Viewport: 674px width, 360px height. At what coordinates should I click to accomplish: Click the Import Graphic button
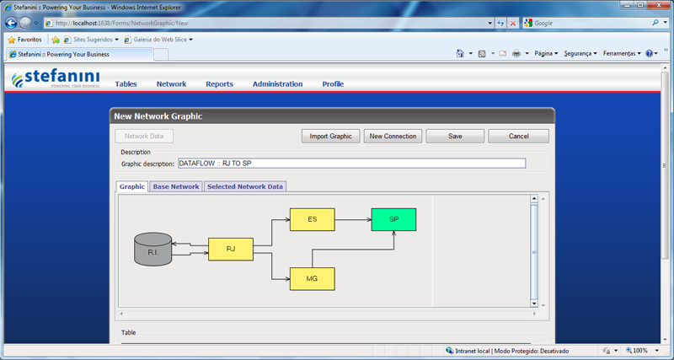[x=330, y=137]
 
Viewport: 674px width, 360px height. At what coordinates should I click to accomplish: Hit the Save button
[x=455, y=137]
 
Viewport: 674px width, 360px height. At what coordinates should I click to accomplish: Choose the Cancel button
[x=518, y=137]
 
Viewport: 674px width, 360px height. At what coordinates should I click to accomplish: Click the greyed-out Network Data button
[x=144, y=137]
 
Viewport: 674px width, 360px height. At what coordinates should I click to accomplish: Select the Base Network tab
[x=176, y=186]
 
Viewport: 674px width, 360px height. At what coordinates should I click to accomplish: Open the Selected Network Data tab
[x=245, y=186]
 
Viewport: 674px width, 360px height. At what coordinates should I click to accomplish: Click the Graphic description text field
[x=351, y=164]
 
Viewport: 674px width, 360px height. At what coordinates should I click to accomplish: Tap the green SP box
[x=393, y=219]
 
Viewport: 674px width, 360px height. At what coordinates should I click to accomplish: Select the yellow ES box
[x=312, y=219]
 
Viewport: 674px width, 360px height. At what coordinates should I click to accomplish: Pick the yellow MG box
[x=312, y=279]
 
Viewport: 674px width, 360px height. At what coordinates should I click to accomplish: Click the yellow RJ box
[x=231, y=249]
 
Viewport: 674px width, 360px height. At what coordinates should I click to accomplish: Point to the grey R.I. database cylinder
[x=153, y=249]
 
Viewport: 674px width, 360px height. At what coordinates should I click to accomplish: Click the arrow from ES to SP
[x=353, y=219]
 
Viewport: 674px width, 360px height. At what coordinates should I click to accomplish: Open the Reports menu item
[x=219, y=84]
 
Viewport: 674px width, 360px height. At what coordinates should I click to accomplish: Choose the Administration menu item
[x=278, y=84]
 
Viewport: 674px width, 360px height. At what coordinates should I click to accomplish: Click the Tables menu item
[x=126, y=84]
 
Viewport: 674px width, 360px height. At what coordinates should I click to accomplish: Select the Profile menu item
[x=333, y=84]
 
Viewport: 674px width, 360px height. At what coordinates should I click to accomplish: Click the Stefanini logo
[x=56, y=78]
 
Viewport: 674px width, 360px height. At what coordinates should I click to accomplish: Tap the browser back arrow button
[x=11, y=24]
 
